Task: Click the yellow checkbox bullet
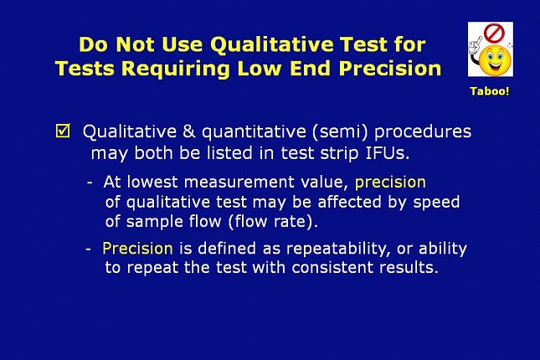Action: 63,131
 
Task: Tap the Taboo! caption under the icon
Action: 490,91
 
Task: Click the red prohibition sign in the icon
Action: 494,33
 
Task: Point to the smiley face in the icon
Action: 496,60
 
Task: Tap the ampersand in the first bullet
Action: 189,131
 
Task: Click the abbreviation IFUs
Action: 388,153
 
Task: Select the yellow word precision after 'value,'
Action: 390,183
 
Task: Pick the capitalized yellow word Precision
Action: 137,248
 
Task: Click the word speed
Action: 436,203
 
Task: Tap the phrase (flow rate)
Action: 273,221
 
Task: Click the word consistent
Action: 332,267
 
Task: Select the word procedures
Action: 423,132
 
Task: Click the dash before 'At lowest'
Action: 90,183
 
